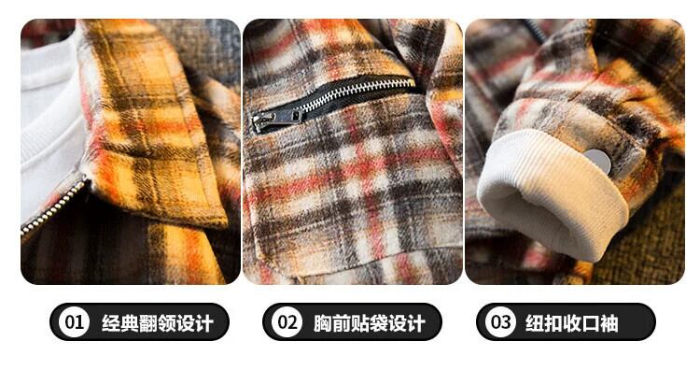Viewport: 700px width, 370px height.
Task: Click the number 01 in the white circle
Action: tap(74, 321)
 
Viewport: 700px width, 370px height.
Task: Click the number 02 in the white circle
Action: tap(287, 321)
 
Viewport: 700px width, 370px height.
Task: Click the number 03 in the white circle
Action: tap(500, 321)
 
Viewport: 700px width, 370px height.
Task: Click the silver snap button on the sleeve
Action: tap(597, 160)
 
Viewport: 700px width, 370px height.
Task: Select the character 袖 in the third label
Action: tap(609, 322)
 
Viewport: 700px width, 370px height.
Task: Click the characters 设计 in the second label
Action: tap(407, 322)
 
